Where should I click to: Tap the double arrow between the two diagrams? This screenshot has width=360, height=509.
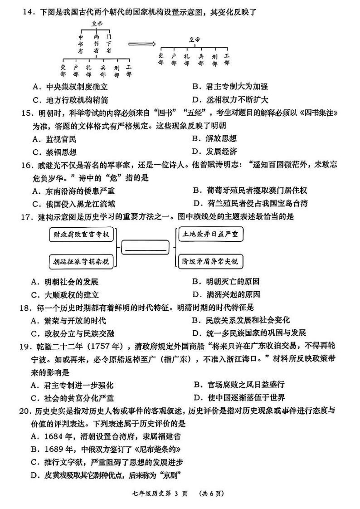click(x=141, y=44)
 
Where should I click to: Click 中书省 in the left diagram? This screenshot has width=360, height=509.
click(x=81, y=44)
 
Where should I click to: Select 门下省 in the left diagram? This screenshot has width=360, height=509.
click(x=108, y=44)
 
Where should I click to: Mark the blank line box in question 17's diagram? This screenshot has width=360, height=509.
click(x=145, y=248)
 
